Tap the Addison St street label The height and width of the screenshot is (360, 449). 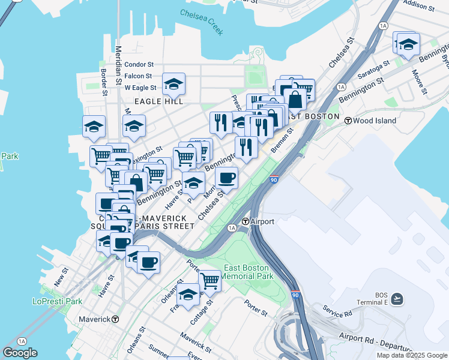coord(420,6)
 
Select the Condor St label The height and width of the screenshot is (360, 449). coord(139,64)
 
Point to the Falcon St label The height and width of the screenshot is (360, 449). coord(139,76)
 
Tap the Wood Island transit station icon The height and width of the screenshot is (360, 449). coord(348,121)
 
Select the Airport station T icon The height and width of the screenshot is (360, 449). coord(246,222)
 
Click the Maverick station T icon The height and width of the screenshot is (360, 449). coord(115,319)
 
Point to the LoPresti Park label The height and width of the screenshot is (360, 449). coord(57,302)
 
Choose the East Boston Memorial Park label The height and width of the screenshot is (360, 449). coord(248,272)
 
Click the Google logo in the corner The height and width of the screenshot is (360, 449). coord(20,353)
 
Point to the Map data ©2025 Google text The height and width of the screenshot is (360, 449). coord(412,355)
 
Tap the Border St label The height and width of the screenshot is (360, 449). coord(104,82)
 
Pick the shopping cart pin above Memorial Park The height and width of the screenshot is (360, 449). coord(209,280)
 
